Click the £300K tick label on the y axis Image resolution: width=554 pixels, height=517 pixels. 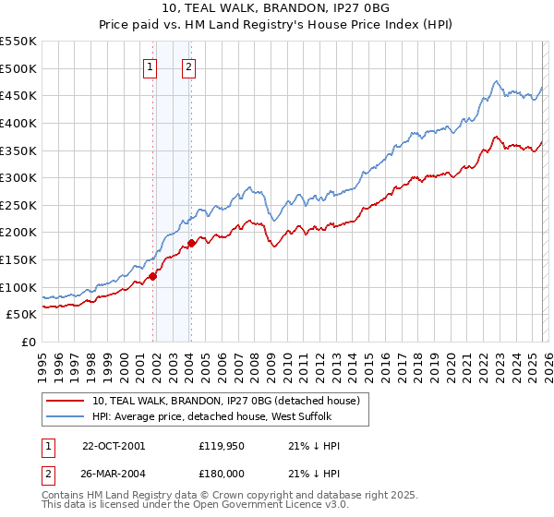pyautogui.click(x=18, y=177)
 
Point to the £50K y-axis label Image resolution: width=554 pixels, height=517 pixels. pyautogui.click(x=20, y=314)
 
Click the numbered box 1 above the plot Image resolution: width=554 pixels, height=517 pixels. pyautogui.click(x=150, y=66)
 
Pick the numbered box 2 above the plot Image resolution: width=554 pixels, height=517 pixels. pyautogui.click(x=188, y=66)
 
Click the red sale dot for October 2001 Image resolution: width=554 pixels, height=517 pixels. pyautogui.click(x=152, y=275)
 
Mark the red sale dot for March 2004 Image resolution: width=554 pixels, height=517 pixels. pyautogui.click(x=191, y=243)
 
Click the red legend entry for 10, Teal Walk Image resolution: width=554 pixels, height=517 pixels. pyautogui.click(x=231, y=400)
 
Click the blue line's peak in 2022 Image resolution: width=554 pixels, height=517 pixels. pyautogui.click(x=497, y=81)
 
